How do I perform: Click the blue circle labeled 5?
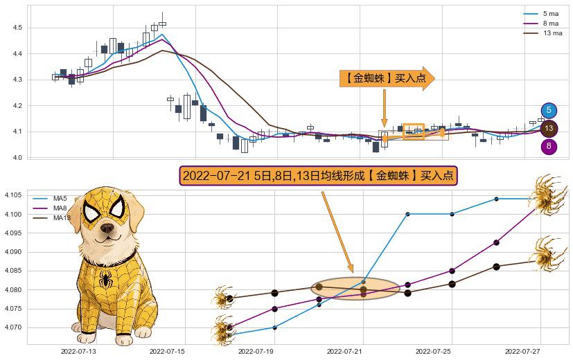coord(549,110)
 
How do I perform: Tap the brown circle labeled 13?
coord(549,128)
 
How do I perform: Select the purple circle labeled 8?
coord(549,146)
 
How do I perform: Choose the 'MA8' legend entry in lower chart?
coord(60,208)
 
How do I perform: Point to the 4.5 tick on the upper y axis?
coord(17,28)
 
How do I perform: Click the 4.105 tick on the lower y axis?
coord(13,195)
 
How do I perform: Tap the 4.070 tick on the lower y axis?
coord(13,327)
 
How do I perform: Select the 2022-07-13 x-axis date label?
coord(78,352)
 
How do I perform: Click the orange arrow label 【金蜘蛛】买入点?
coord(386,79)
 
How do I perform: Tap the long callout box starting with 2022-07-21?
coord(319,176)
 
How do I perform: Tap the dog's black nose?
coord(105,226)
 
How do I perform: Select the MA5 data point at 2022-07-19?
coord(274,327)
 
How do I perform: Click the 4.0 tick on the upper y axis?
coord(17,158)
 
